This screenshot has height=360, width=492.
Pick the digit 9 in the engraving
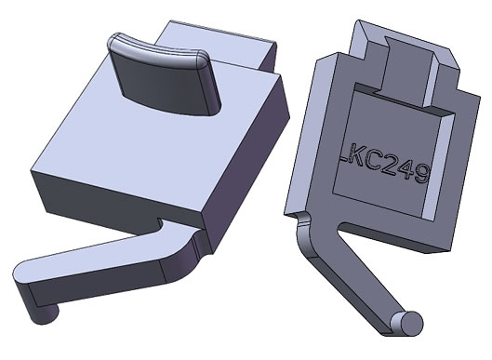pyautogui.click(x=421, y=175)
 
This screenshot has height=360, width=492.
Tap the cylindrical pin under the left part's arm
pyautogui.click(x=44, y=314)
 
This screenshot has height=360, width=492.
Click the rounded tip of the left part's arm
pyautogui.click(x=22, y=274)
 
